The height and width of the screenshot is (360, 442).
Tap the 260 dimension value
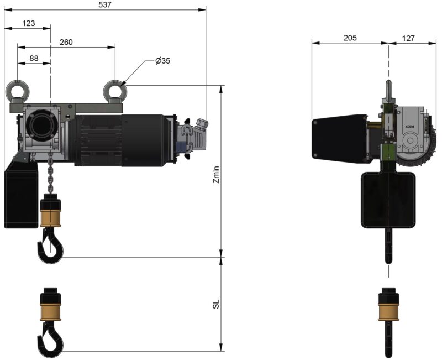point(66,42)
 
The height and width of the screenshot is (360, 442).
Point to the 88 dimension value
point(33,58)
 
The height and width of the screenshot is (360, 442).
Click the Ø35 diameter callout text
point(162,61)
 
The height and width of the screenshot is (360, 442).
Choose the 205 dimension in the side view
point(350,38)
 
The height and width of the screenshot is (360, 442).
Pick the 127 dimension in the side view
point(408,38)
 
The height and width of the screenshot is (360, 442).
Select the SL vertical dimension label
point(217,304)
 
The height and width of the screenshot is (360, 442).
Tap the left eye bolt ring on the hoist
point(17,90)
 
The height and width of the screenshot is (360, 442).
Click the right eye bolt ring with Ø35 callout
point(115,90)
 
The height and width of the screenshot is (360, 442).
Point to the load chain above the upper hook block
point(50,174)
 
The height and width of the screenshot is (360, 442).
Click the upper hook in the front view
point(49,246)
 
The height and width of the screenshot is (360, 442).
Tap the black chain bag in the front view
point(21,196)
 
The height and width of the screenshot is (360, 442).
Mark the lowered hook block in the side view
point(388,307)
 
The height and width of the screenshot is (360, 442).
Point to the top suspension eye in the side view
point(388,90)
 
